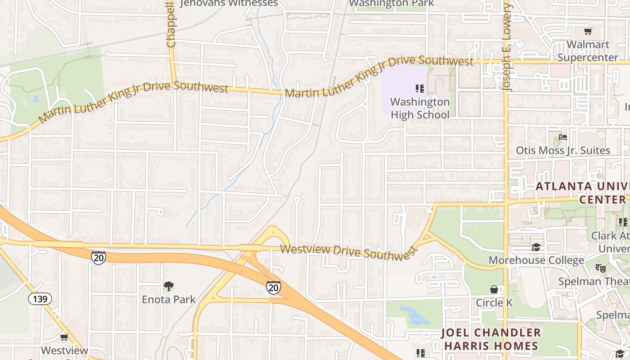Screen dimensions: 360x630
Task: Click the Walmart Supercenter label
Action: (x=588, y=51)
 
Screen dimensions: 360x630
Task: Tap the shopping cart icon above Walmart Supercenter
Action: (x=588, y=31)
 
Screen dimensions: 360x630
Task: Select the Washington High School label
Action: (x=419, y=108)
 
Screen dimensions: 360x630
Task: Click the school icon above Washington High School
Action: (x=420, y=88)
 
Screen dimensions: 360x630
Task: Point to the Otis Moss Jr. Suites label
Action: (x=562, y=150)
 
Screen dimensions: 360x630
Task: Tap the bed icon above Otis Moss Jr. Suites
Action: (x=562, y=137)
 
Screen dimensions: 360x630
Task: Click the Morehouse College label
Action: (x=536, y=260)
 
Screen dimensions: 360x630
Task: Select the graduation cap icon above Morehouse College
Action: (x=536, y=247)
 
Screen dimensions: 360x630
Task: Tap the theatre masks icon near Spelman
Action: (x=600, y=268)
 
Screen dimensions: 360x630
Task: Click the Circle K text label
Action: (x=494, y=303)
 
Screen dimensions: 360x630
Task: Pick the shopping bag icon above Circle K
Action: (x=494, y=289)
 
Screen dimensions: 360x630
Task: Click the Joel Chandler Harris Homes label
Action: (x=490, y=339)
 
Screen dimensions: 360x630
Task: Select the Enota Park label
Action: (x=169, y=299)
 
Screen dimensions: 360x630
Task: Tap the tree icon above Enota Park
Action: (x=169, y=286)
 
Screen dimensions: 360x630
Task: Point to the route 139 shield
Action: (x=40, y=299)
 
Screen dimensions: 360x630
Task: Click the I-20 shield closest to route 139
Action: (x=98, y=257)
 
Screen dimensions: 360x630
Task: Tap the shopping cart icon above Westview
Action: (x=64, y=337)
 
